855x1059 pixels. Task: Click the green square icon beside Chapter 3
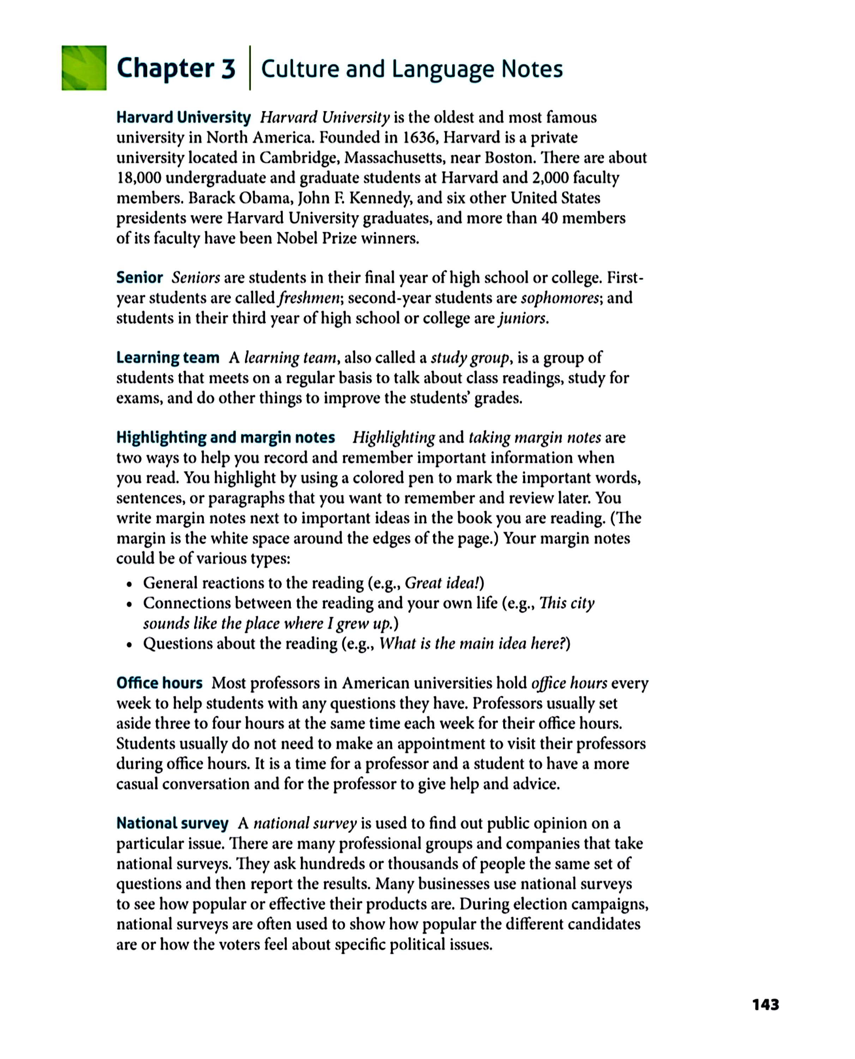click(x=84, y=68)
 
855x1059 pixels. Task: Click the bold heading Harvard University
click(x=183, y=117)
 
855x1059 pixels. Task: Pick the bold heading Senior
click(x=139, y=278)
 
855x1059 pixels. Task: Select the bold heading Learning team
click(x=168, y=358)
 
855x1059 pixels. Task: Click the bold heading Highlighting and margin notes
click(x=225, y=437)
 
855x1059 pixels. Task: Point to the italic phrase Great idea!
click(x=442, y=583)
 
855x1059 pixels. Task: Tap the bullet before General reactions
click(x=129, y=584)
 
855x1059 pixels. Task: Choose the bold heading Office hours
click(x=159, y=683)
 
